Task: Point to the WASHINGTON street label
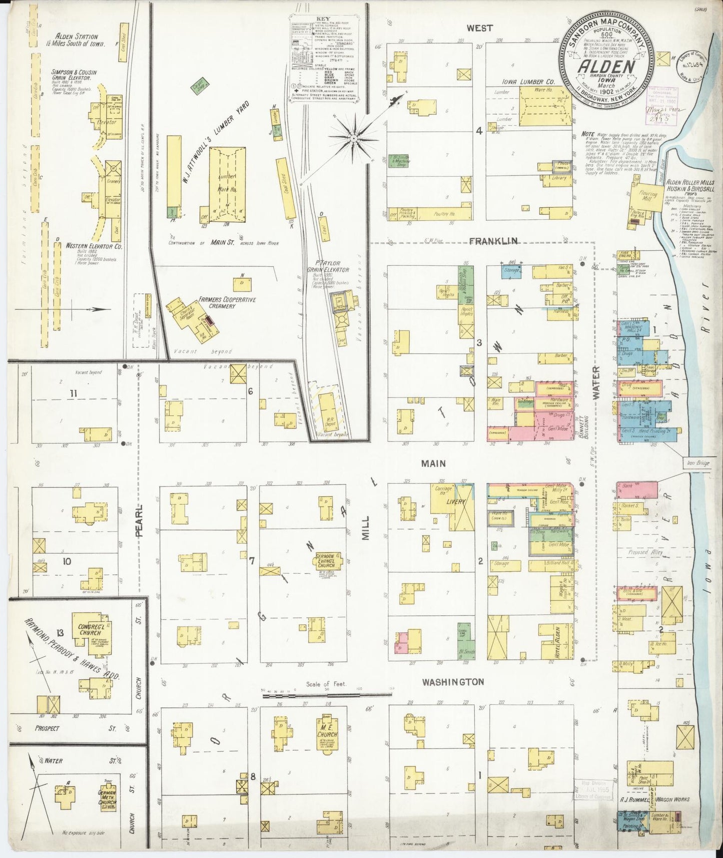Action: [x=453, y=682]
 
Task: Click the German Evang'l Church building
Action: [x=327, y=562]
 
